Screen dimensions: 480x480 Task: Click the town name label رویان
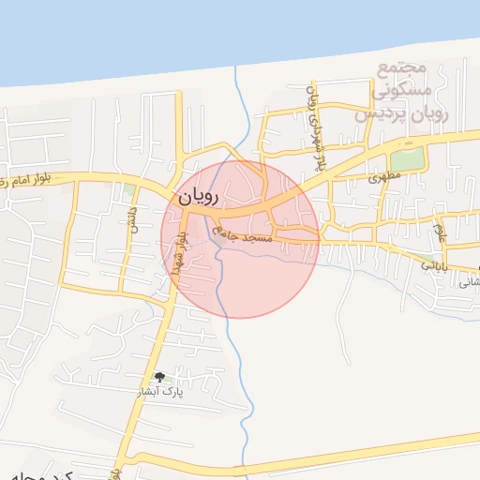coord(196,197)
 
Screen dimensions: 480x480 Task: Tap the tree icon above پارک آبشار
coord(160,377)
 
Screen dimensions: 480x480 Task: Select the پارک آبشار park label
coord(160,392)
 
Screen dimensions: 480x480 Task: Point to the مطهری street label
coord(385,175)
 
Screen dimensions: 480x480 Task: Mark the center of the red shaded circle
coord(240,239)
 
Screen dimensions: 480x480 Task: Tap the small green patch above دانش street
coord(129,190)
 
